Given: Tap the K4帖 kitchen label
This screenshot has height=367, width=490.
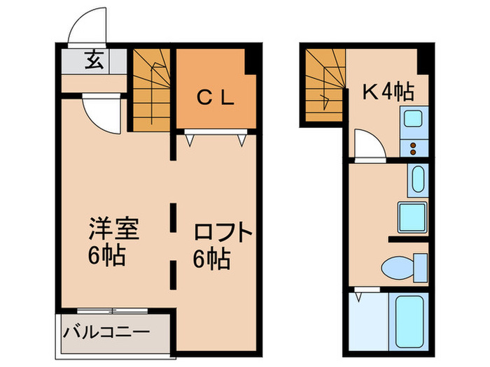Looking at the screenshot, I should pyautogui.click(x=386, y=90).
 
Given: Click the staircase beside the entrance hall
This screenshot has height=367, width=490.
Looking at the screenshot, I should pyautogui.click(x=151, y=89).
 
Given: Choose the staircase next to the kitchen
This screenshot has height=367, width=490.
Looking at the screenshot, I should pyautogui.click(x=325, y=86).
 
